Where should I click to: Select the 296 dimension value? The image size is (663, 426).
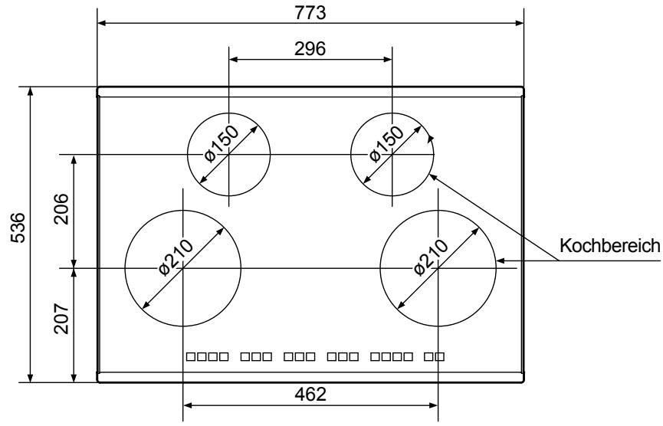point(310,48)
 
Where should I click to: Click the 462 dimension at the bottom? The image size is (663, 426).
point(310,395)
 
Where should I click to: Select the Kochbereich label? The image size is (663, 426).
point(610,247)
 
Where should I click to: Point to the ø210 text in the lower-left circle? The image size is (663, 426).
point(176,257)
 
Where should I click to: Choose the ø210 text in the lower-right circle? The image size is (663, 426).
point(430,257)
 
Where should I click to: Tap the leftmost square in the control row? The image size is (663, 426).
point(191,357)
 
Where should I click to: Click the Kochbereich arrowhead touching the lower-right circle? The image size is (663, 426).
point(500,261)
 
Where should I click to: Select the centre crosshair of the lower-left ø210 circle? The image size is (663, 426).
point(183,268)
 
